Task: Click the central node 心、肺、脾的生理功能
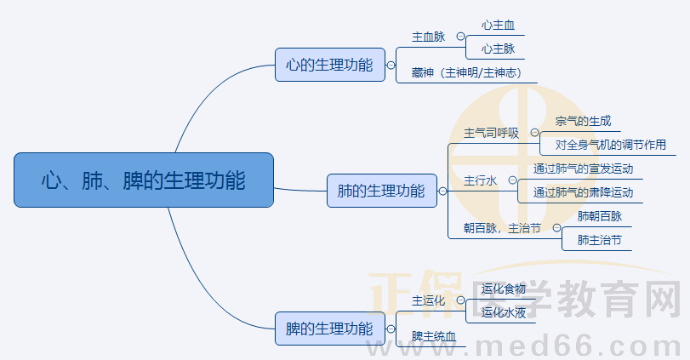144,180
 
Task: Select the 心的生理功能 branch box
329,65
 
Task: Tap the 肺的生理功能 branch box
381,191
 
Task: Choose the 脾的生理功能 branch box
329,328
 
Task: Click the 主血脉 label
428,37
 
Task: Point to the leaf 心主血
498,26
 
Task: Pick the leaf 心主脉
498,49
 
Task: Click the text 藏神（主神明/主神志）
466,72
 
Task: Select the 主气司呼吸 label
491,133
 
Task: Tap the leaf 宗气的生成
583,122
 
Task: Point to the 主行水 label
479,180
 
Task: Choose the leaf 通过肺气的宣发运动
583,169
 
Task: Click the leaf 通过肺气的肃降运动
583,192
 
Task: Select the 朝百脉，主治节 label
502,228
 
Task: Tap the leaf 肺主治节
599,240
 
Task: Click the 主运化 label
428,300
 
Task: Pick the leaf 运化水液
503,312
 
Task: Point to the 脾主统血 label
434,336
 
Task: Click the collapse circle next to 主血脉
460,37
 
